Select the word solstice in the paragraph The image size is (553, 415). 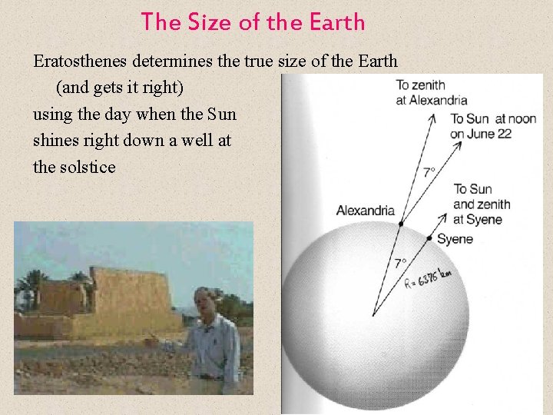click(x=86, y=166)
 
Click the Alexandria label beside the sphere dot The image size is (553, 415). click(x=365, y=211)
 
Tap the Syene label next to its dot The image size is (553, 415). click(x=455, y=239)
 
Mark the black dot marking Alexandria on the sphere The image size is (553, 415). click(x=400, y=224)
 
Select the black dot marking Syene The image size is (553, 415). click(x=429, y=237)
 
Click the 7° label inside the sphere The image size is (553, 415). click(x=400, y=263)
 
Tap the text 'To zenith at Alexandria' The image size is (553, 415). click(x=431, y=92)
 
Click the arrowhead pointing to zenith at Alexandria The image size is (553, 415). click(x=433, y=116)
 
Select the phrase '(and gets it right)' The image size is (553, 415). click(x=119, y=88)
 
